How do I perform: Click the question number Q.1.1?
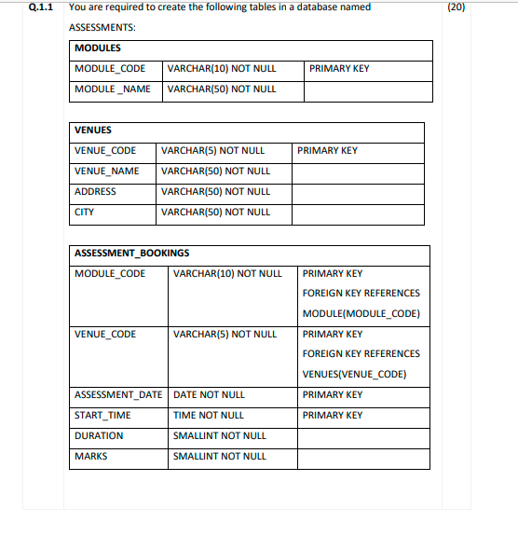[x=42, y=7]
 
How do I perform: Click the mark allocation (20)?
[x=482, y=7]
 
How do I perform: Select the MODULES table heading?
[x=98, y=48]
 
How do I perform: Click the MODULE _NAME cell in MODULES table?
[x=112, y=89]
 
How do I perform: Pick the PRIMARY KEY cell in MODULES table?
[x=339, y=68]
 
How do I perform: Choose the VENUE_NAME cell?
[x=107, y=171]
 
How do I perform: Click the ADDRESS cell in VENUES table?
[x=96, y=191]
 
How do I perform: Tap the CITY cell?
[x=85, y=212]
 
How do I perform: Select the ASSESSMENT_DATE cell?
[x=118, y=394]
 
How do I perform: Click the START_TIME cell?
[x=102, y=415]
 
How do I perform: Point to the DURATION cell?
[x=99, y=435]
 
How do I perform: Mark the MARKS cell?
[x=91, y=456]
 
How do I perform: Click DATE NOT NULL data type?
[x=210, y=394]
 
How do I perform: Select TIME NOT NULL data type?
[x=209, y=415]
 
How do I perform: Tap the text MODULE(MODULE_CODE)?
[x=361, y=313]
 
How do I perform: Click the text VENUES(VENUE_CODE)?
[x=354, y=375]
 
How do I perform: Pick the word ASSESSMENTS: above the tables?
[x=102, y=27]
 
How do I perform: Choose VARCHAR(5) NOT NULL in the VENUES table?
[x=213, y=150]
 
